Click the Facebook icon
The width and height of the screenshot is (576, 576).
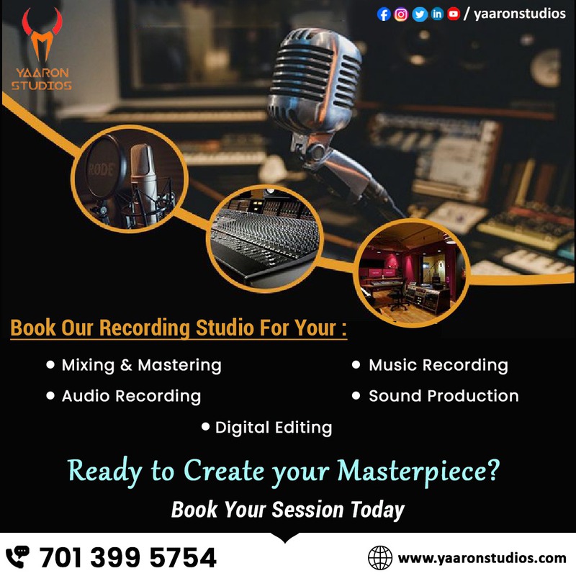[384, 14]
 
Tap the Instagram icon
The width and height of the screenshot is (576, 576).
[401, 14]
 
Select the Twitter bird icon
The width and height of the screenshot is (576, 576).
[419, 14]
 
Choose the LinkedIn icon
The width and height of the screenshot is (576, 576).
[437, 14]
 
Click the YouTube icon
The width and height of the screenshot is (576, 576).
[454, 14]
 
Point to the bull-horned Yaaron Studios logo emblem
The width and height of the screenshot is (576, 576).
[42, 34]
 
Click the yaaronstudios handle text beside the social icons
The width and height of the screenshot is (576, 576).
[519, 14]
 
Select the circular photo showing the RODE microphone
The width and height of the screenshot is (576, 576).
[130, 179]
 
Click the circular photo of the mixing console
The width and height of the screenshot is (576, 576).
[265, 239]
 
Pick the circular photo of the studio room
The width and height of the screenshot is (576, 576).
[411, 273]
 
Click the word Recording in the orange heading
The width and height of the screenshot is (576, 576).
[145, 328]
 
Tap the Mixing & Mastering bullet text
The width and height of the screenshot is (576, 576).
[141, 366]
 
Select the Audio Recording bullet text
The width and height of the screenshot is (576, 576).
[131, 397]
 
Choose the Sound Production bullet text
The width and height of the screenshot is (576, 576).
[444, 396]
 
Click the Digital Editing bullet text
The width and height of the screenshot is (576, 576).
[274, 428]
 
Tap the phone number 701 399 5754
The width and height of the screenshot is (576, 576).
[128, 557]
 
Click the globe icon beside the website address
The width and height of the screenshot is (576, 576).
[380, 557]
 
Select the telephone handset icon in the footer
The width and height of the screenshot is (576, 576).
[17, 557]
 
